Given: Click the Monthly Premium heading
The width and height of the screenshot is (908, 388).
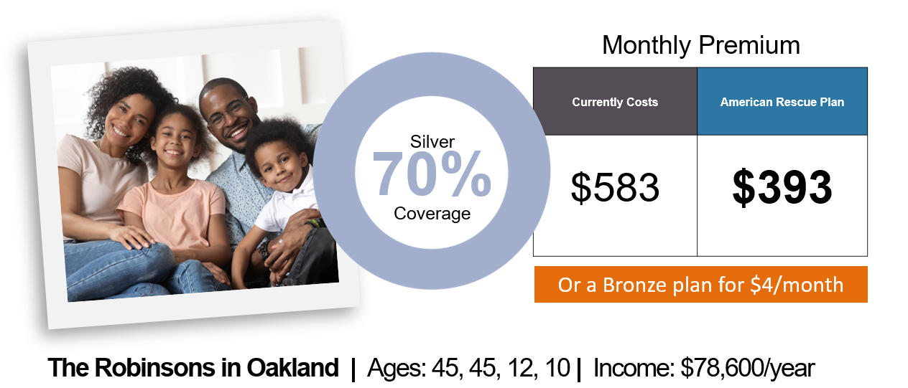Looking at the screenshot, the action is tap(701, 45).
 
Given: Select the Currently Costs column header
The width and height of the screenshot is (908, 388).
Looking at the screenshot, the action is tap(615, 102).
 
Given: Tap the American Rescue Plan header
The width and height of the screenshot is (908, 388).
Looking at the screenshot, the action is tap(782, 102).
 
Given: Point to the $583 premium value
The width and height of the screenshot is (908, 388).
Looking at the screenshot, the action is tap(615, 187).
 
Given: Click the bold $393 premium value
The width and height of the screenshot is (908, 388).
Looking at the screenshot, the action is tap(782, 187).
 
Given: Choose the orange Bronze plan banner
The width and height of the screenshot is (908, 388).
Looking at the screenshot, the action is tap(701, 285).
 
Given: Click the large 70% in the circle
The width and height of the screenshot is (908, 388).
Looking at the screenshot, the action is tap(432, 174).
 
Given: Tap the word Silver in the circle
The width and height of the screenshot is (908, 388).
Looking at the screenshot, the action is tap(432, 141).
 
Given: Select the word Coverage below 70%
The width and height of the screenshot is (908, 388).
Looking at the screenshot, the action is tap(432, 214).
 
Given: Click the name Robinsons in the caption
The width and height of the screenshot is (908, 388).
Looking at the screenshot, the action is tap(156, 368).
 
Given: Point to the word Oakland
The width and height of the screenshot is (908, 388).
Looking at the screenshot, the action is tap(292, 368).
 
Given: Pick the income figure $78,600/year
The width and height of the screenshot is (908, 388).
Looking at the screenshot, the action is tap(748, 368).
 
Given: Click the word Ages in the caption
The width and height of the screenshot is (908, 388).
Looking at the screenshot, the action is tap(396, 369).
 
